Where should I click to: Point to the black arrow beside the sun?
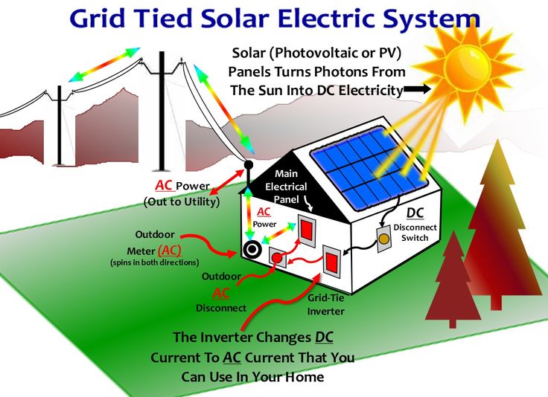click(417, 89)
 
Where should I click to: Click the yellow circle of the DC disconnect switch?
click(384, 239)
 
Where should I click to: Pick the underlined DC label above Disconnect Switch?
click(415, 213)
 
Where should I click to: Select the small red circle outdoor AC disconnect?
click(277, 259)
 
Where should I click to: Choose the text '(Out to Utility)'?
click(182, 201)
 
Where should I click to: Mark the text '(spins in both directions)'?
click(154, 262)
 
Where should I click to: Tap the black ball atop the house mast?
click(249, 164)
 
